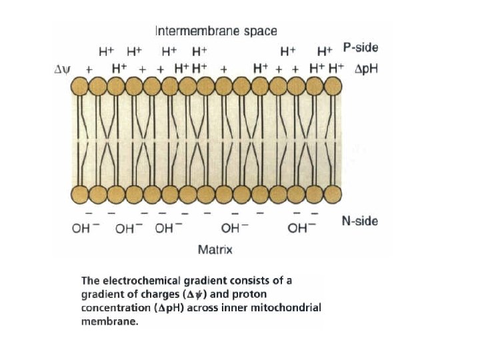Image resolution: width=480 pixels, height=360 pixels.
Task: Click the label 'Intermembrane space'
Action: [x=216, y=31]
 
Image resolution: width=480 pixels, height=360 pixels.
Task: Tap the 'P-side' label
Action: [x=360, y=48]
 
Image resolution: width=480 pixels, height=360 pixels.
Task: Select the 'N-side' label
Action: [x=359, y=221]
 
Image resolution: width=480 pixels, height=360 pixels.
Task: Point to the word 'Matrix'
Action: [x=214, y=249]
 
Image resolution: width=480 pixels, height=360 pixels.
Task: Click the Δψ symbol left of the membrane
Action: [x=62, y=69]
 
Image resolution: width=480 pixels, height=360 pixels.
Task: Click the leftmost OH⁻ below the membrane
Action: [x=86, y=229]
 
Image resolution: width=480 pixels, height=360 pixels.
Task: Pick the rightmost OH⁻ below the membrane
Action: [x=302, y=229]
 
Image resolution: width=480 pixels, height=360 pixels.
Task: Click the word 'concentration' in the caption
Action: [x=113, y=307]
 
